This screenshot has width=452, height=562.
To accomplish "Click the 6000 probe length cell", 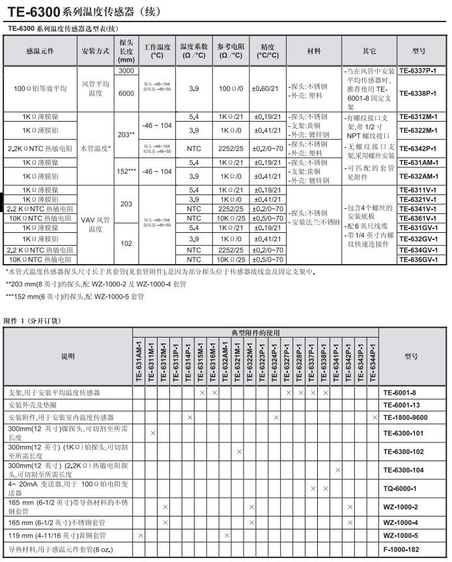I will click(x=126, y=93).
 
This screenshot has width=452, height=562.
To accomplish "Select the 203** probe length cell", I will click(x=126, y=135).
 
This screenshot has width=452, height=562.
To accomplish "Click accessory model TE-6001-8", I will click(x=409, y=394).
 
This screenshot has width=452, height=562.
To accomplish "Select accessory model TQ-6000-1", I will click(x=409, y=488).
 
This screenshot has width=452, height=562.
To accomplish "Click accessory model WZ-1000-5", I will click(x=409, y=535).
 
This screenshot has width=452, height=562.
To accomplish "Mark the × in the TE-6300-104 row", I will click(x=337, y=470).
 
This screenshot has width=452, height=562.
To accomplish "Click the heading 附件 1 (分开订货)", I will click(x=31, y=321).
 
